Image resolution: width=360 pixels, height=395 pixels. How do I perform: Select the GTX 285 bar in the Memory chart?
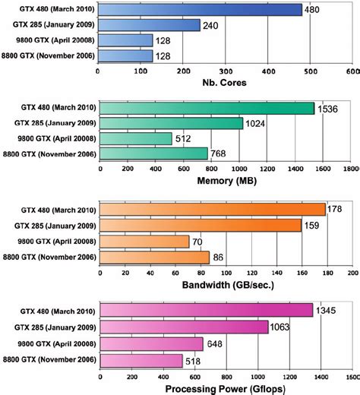tap(171, 123)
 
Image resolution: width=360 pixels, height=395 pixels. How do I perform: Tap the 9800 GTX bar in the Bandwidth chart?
tap(144, 242)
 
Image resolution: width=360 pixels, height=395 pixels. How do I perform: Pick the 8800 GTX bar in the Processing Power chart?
tap(141, 360)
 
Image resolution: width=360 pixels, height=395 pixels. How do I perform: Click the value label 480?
tap(313, 10)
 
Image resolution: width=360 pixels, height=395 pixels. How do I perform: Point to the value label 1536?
tap(328, 109)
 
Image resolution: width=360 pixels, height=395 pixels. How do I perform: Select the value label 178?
tap(334, 209)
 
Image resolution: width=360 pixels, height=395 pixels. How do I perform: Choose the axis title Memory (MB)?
tap(226, 182)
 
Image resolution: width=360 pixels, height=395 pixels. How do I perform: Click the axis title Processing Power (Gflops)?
tap(226, 387)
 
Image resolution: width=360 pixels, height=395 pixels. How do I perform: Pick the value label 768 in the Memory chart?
tap(219, 154)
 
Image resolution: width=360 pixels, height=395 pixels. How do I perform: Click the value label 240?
tap(212, 24)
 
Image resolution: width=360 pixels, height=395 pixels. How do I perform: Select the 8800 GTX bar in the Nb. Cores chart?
tap(125, 55)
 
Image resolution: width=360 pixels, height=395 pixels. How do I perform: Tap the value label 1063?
tap(281, 327)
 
